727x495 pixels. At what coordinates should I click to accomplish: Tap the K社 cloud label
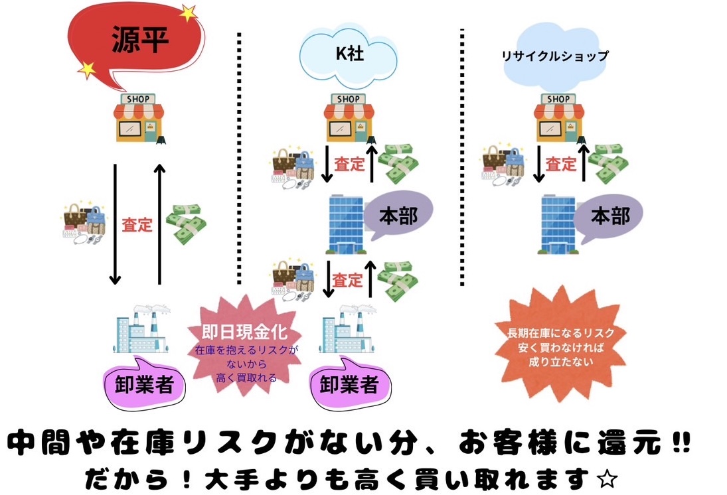point(348,55)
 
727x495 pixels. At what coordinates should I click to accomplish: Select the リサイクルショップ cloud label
point(555,56)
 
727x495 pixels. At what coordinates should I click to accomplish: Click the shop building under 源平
point(139,119)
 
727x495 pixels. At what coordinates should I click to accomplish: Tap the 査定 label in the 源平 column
point(137,225)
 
